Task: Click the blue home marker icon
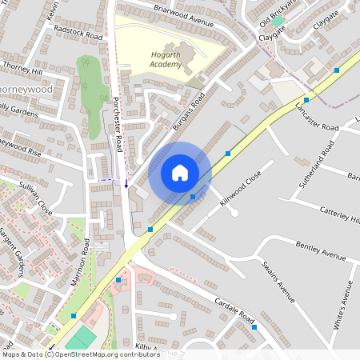(x=180, y=172)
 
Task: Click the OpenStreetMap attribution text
(x=80, y=354)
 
